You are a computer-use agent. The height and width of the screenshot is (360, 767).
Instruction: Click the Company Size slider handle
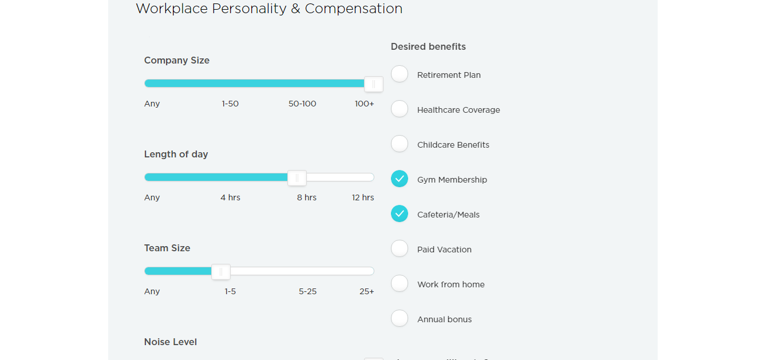[374, 84]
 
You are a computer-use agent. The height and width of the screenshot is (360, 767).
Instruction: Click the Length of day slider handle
[297, 178]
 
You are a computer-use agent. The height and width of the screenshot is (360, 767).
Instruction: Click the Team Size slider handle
[221, 272]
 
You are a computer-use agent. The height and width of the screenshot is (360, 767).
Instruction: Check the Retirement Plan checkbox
[400, 74]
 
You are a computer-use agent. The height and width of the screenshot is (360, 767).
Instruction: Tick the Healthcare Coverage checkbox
[400, 109]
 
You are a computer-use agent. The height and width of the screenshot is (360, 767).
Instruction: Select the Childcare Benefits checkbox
[400, 144]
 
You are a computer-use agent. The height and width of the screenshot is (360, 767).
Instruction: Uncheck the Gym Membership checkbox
[400, 179]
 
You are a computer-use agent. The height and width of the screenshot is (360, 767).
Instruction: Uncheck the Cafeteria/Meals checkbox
[400, 214]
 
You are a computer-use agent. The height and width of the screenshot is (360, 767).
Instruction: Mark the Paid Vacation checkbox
[400, 249]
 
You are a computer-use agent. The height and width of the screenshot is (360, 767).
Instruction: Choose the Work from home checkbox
[400, 284]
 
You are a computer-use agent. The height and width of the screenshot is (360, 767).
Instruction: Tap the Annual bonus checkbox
[400, 319]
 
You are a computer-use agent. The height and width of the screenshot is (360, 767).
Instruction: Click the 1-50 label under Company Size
[230, 104]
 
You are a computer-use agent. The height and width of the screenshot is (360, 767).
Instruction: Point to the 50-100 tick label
[302, 104]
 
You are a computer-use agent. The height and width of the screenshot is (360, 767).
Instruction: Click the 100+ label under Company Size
[364, 104]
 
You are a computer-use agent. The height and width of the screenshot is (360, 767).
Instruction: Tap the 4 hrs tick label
[230, 197]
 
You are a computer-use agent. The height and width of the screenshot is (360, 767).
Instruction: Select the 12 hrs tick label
[363, 197]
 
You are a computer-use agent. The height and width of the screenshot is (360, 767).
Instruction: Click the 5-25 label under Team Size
[307, 291]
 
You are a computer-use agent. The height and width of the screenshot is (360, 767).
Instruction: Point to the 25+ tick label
[366, 291]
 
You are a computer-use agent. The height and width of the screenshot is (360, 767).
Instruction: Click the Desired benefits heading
[428, 46]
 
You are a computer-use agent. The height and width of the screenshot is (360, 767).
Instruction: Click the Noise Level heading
[171, 342]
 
